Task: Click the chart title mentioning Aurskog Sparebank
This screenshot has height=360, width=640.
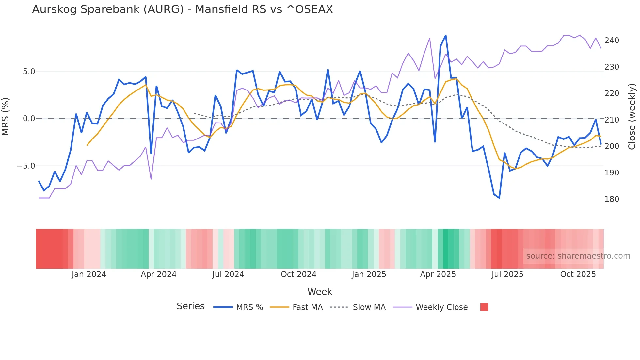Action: click(182, 9)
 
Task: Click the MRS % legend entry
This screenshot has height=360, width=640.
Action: click(249, 307)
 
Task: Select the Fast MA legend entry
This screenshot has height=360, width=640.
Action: click(307, 307)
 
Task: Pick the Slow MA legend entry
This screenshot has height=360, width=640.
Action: click(369, 307)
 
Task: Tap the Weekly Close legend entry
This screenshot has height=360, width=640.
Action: click(441, 307)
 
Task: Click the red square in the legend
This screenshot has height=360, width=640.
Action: click(484, 307)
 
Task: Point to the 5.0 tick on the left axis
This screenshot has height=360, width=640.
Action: click(29, 72)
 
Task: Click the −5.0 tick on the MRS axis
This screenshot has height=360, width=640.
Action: click(26, 166)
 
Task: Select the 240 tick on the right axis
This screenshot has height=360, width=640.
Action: click(612, 41)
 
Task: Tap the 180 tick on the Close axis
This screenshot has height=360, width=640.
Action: click(612, 199)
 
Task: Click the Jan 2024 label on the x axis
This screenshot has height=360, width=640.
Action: click(89, 274)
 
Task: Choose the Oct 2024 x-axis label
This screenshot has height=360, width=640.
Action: click(298, 274)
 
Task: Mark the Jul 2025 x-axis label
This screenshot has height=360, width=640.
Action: click(507, 274)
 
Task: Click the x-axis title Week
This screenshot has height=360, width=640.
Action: click(320, 292)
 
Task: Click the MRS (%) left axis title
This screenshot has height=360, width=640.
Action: click(6, 116)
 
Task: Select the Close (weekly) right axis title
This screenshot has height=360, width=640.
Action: click(632, 117)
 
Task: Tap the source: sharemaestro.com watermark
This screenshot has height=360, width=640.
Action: click(578, 256)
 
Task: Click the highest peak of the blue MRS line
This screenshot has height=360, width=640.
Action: click(446, 36)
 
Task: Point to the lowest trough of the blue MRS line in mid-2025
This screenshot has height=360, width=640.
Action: click(499, 198)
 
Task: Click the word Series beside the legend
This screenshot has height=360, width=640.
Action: click(190, 306)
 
